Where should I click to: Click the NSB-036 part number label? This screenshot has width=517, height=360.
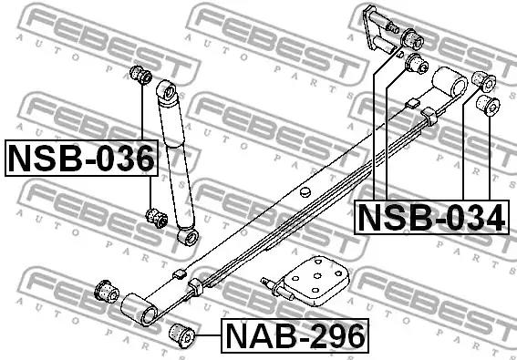coord(81,158)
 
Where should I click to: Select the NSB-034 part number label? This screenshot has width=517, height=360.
coord(431,217)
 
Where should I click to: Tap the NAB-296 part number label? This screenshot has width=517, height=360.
coord(295,335)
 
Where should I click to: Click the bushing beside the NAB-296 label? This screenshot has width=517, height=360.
coord(182,335)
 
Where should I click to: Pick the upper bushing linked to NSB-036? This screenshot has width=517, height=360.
coord(140,75)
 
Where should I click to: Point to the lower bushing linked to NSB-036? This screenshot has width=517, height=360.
coord(156,218)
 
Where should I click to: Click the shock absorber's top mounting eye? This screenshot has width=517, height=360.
coord(168,91)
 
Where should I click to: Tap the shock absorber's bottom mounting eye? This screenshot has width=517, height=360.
coord(188,236)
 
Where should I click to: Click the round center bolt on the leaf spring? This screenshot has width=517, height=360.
coord(305,192)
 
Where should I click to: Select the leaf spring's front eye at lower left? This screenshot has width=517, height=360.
coord(140,309)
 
